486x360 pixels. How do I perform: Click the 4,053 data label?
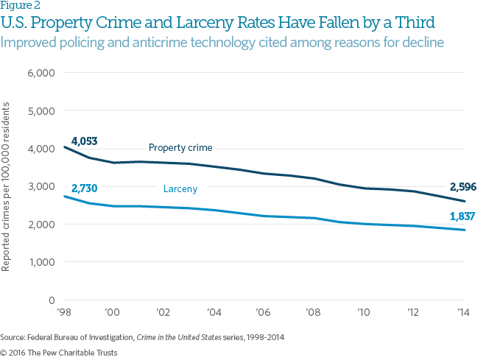tap(84, 141)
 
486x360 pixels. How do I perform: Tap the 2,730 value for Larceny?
tap(84, 189)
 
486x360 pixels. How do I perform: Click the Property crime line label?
tap(180, 148)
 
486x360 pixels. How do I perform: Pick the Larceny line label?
tap(181, 189)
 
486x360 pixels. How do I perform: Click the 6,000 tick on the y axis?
tap(42, 73)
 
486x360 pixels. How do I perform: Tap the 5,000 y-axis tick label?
tap(42, 111)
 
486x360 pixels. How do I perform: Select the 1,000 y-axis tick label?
tap(42, 262)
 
